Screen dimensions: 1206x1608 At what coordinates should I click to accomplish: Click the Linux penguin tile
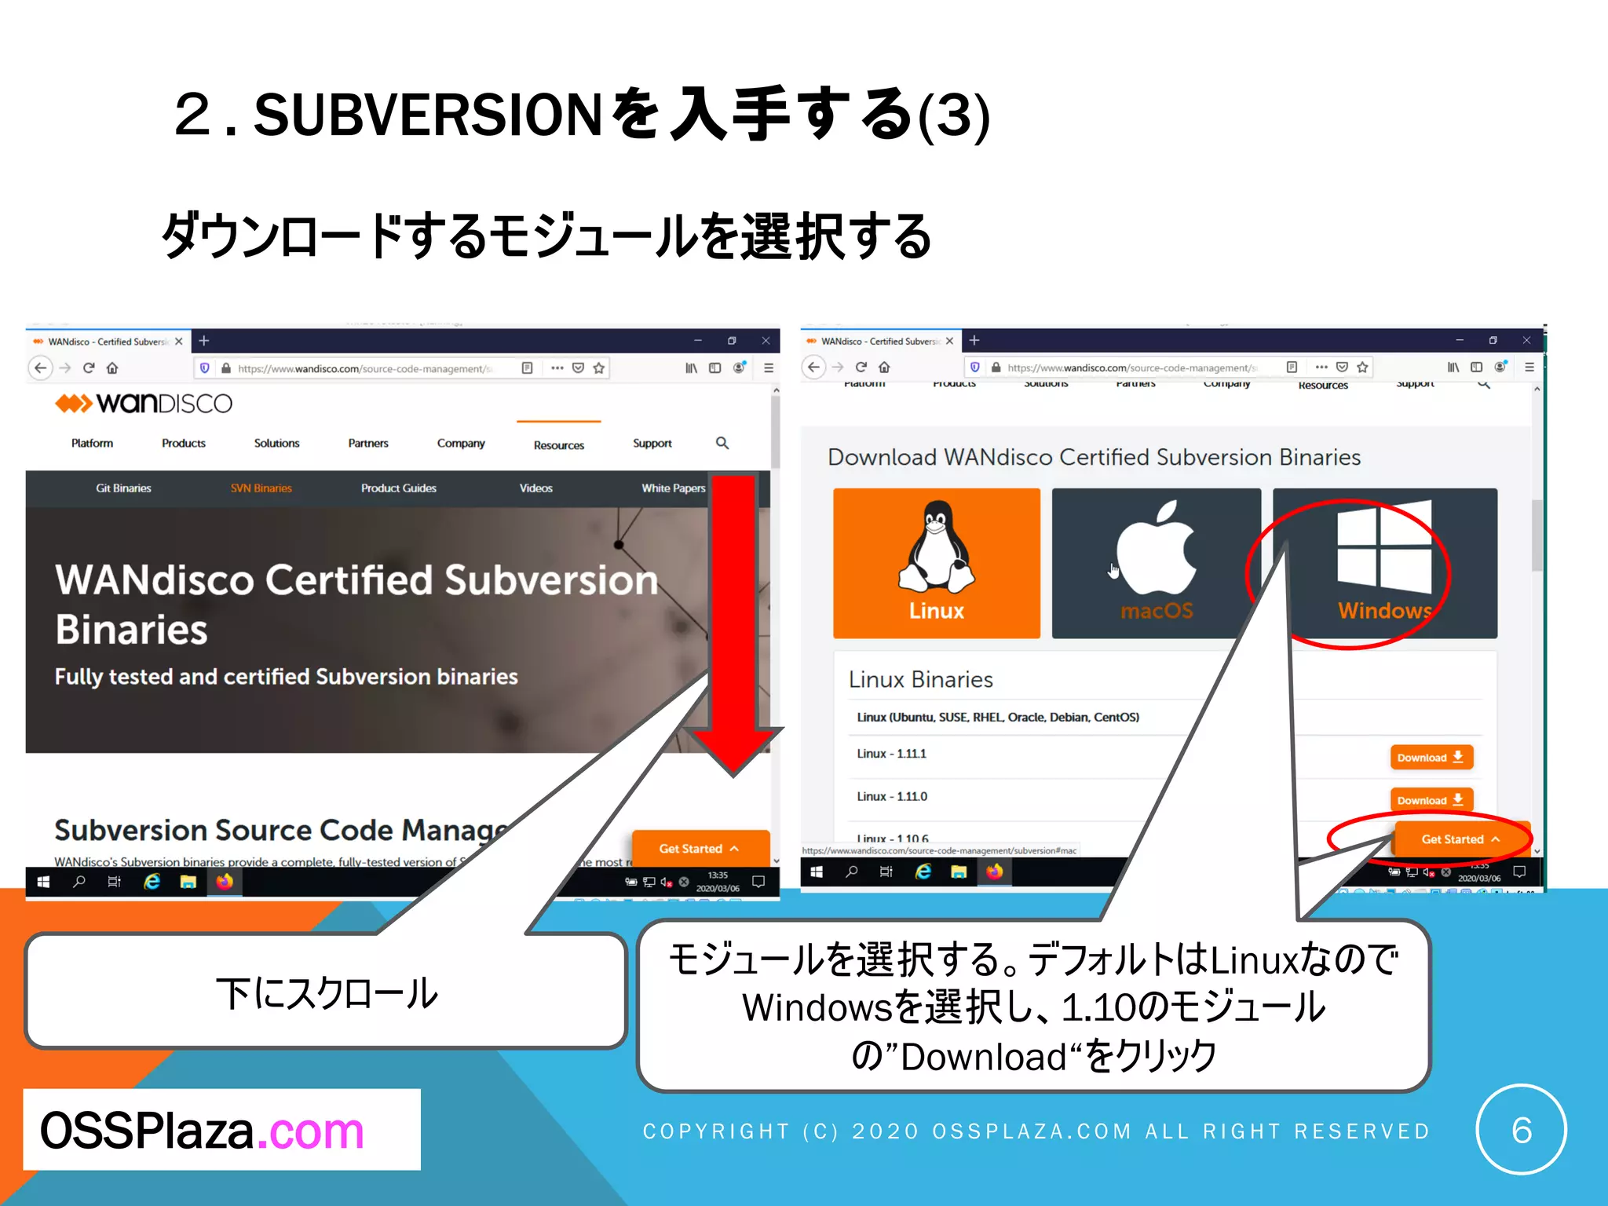[x=936, y=562]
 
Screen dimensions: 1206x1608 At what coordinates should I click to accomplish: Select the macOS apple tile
[x=1156, y=562]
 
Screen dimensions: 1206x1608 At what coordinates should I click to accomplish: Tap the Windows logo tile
[x=1384, y=562]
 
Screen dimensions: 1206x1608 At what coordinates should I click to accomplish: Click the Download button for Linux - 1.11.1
[x=1431, y=757]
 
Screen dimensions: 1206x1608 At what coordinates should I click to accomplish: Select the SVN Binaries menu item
[x=261, y=488]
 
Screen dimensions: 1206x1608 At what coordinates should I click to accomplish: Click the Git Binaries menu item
[x=123, y=488]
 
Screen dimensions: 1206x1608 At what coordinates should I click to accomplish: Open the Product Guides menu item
[x=398, y=488]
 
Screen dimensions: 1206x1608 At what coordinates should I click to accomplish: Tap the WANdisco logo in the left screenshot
[x=144, y=404]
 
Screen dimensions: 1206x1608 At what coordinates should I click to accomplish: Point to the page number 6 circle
[x=1521, y=1130]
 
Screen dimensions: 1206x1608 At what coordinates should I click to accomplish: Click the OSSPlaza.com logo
[x=203, y=1131]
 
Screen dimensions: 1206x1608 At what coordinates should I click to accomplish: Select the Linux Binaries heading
[x=920, y=680]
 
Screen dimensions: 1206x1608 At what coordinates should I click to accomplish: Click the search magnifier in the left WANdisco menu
[x=722, y=444]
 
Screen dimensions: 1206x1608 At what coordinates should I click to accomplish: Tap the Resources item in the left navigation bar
[x=558, y=445]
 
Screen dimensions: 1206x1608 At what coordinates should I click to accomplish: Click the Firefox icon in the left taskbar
[x=225, y=882]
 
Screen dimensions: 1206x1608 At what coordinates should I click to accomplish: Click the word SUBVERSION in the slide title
[x=428, y=115]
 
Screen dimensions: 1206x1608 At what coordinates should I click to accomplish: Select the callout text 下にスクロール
[x=327, y=994]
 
